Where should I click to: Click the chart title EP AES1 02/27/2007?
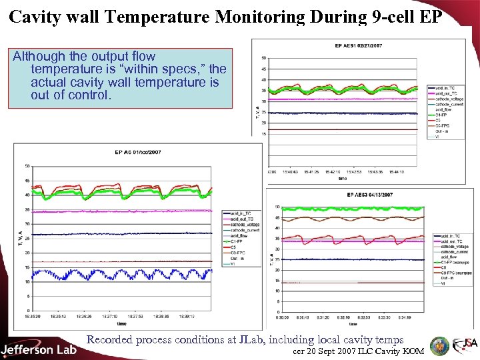(359, 45)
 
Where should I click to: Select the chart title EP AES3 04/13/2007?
(369, 195)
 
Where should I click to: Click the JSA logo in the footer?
(464, 345)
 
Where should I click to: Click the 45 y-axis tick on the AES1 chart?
(264, 69)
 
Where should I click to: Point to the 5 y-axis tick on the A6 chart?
(27, 295)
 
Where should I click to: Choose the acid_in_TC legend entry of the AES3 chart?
(446, 236)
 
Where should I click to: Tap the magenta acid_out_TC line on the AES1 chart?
(333, 99)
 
